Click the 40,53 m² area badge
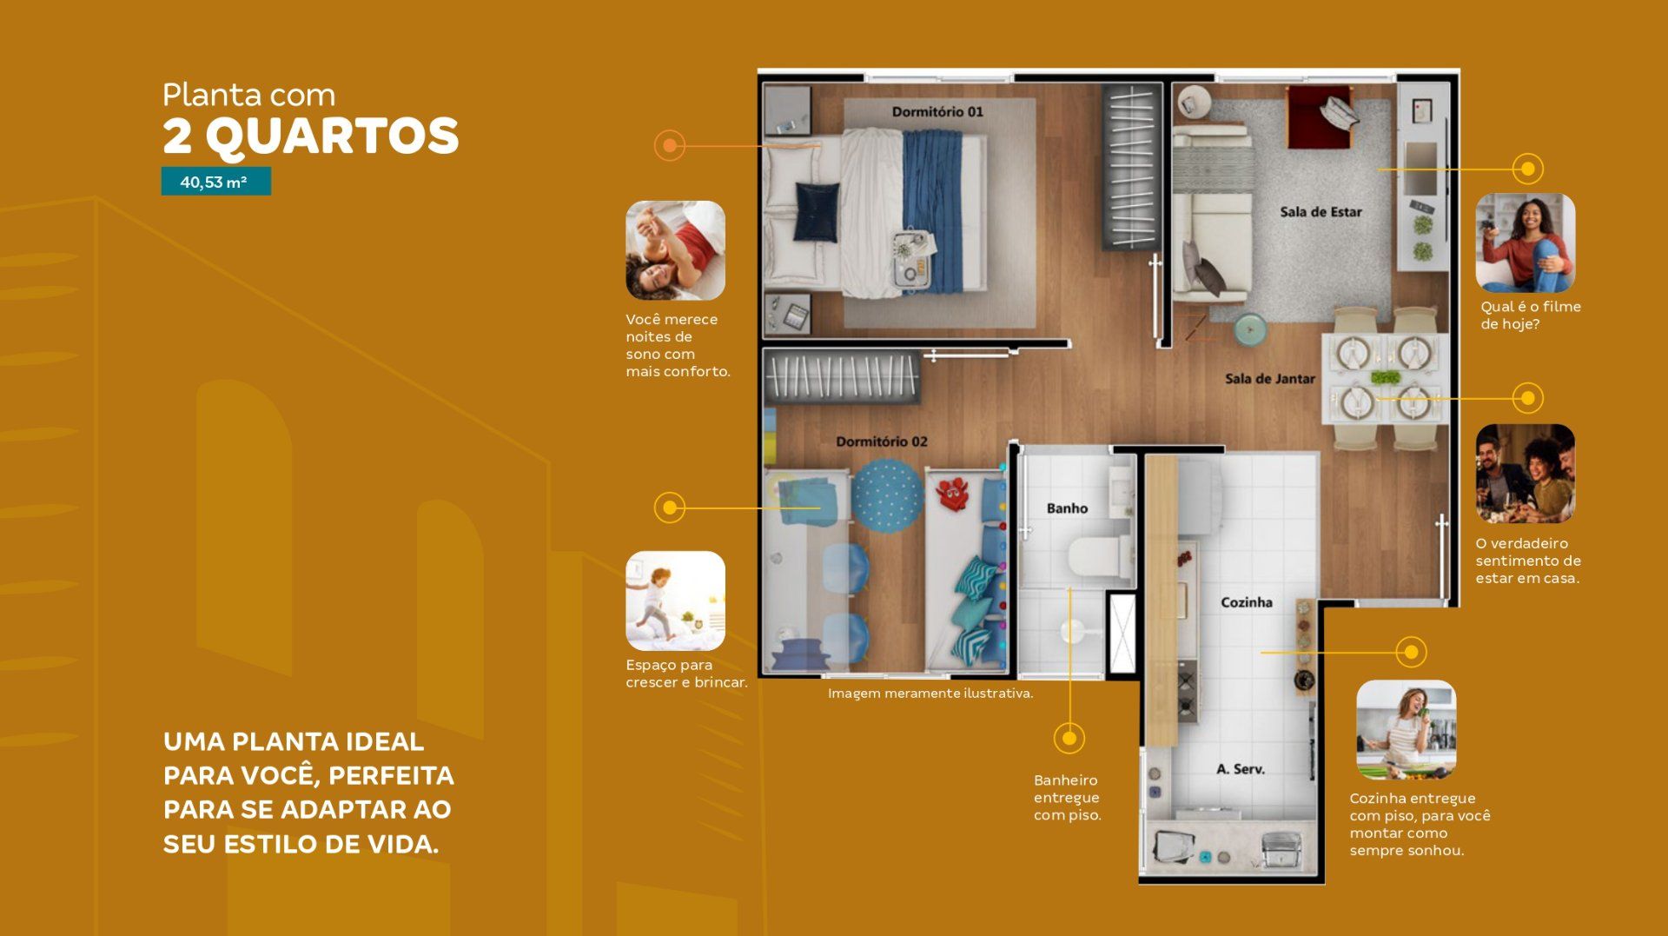tap(215, 182)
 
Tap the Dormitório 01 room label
tap(937, 111)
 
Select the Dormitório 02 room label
tap(881, 441)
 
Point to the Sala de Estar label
tap(1320, 212)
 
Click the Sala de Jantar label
tap(1269, 379)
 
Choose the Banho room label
tap(1067, 508)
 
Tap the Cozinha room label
tap(1246, 602)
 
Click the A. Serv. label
tap(1240, 769)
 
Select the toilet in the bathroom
tap(1097, 557)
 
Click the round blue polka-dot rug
tap(887, 495)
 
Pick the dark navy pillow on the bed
tap(817, 210)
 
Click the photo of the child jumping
tap(675, 601)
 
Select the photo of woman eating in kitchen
tap(1406, 730)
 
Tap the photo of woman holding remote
tap(1525, 242)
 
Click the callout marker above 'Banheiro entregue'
tap(1069, 738)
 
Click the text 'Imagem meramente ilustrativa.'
tap(930, 694)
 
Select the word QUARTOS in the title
tap(332, 136)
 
